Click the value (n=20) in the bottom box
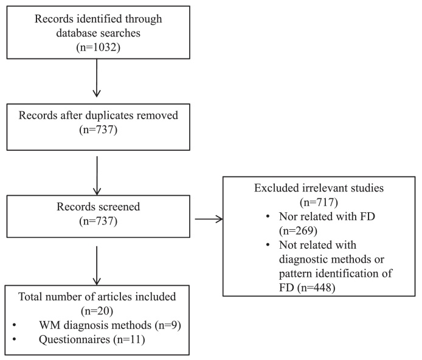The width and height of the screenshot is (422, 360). click(96, 312)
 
